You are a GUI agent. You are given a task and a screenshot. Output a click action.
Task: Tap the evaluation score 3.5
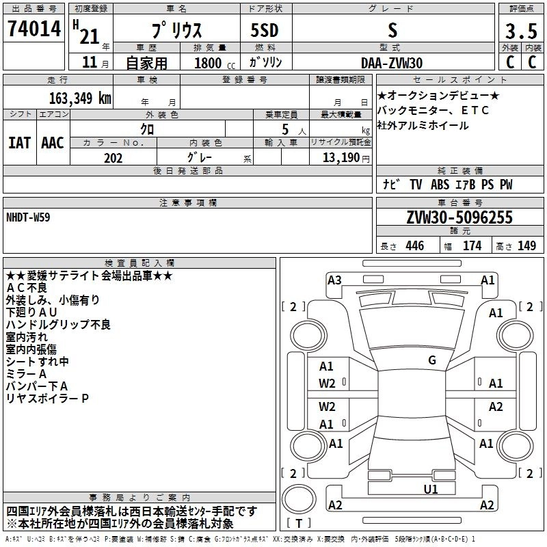click(520, 31)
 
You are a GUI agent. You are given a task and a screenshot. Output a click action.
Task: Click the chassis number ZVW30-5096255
click(459, 218)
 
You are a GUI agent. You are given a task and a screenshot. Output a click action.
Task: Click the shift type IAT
click(19, 142)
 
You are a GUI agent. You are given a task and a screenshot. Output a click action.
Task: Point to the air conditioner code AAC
click(53, 142)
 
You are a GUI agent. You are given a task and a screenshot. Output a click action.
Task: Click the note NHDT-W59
click(28, 217)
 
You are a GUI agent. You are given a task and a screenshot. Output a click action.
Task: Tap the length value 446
click(414, 246)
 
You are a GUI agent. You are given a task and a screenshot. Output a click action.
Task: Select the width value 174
click(472, 246)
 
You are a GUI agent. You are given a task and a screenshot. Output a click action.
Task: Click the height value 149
click(526, 246)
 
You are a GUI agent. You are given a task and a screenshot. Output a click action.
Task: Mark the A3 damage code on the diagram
click(334, 280)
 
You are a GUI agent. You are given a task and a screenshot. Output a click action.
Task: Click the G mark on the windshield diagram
click(431, 360)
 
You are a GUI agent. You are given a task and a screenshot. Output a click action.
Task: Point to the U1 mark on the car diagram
click(431, 489)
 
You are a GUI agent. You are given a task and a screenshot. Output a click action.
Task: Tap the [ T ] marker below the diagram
click(298, 524)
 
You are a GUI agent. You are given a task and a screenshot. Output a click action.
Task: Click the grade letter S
click(392, 31)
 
